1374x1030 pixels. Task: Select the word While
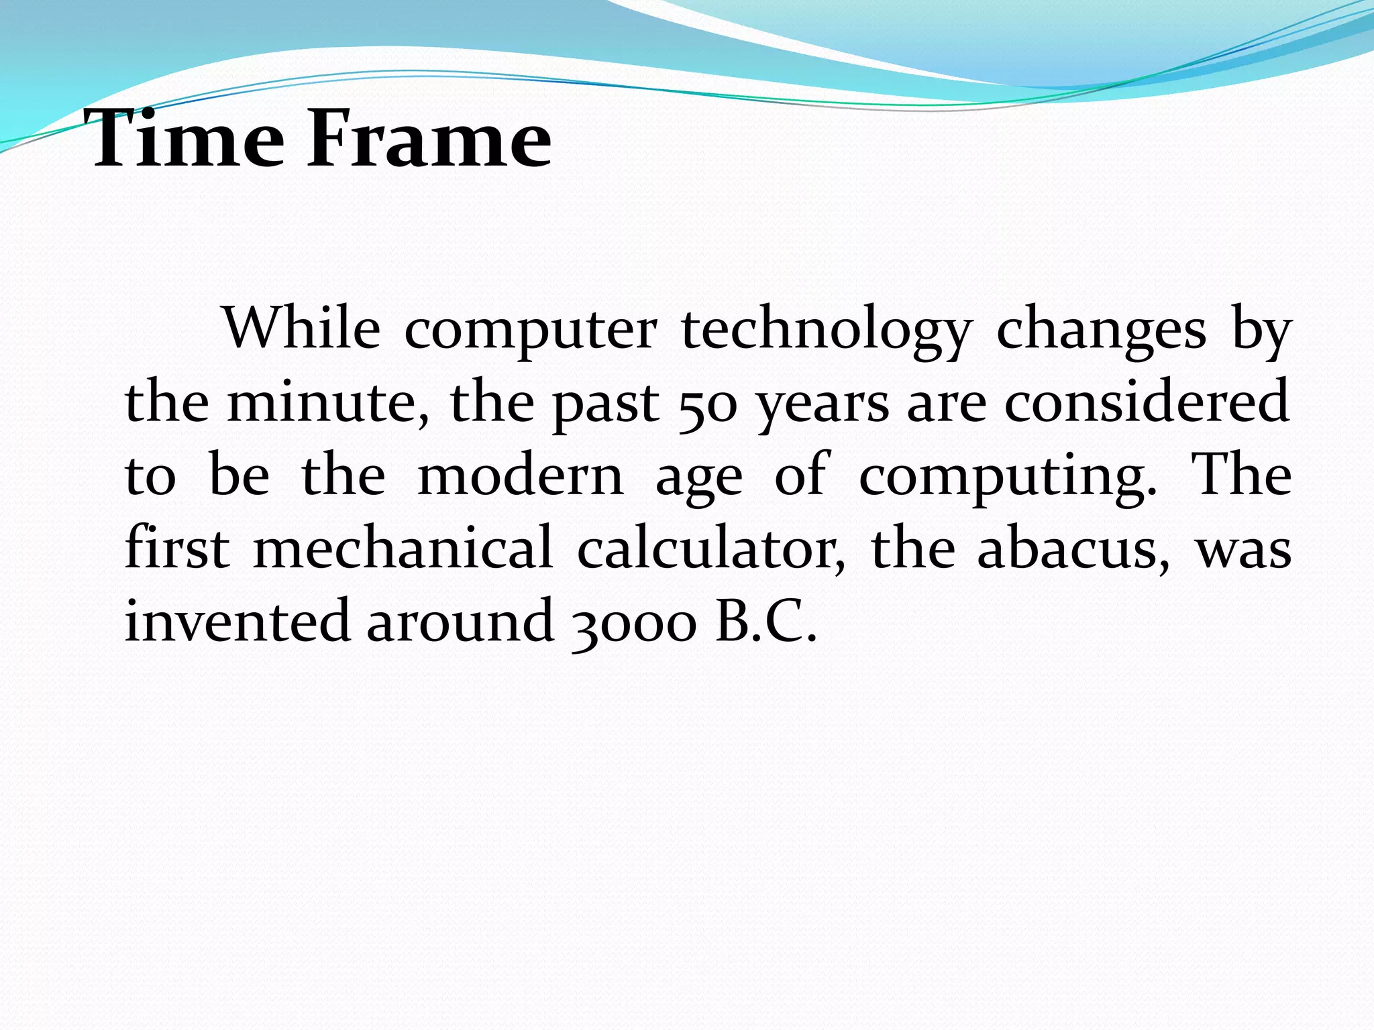[x=302, y=329]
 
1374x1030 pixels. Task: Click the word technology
[x=827, y=332]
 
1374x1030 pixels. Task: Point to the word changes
[x=1101, y=332]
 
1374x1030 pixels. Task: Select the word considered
[x=1147, y=402]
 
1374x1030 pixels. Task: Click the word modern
[x=520, y=476]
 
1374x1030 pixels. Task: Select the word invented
[x=237, y=621]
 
